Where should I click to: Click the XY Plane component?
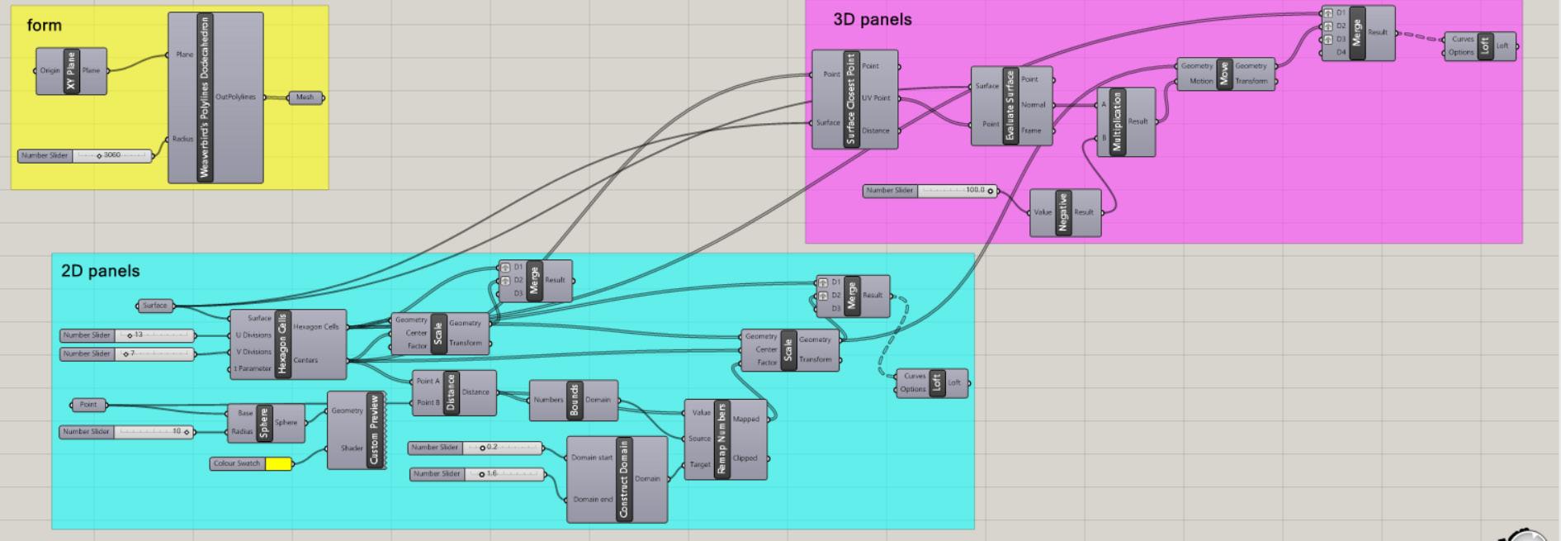click(x=71, y=71)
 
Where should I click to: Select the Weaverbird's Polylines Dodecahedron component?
click(x=206, y=97)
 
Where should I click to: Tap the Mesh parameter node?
click(x=305, y=97)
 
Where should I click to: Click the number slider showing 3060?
click(x=111, y=155)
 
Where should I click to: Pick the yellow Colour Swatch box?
click(x=278, y=464)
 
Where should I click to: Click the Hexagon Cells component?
click(x=282, y=344)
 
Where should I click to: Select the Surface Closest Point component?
click(x=851, y=99)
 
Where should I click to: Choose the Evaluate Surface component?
click(x=1010, y=107)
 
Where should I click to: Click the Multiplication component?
click(x=1118, y=122)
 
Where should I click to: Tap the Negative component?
click(x=1063, y=213)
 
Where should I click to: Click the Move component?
click(x=1224, y=74)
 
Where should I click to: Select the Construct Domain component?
click(x=623, y=479)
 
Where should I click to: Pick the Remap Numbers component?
click(x=721, y=439)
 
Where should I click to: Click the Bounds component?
click(x=575, y=401)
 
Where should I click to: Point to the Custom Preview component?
click(x=374, y=430)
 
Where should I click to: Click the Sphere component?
click(x=264, y=423)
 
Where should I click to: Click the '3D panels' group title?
click(x=872, y=20)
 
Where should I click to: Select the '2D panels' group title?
click(x=100, y=271)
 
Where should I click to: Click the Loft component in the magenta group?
click(x=1484, y=46)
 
